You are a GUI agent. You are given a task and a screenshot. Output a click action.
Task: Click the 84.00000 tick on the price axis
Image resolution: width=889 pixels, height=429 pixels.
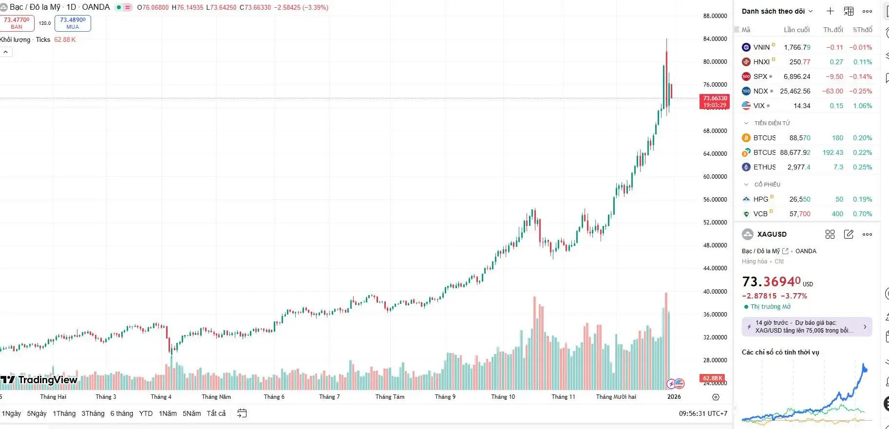coord(715,39)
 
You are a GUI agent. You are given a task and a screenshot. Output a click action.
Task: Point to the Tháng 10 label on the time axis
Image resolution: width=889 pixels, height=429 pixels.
coord(503,397)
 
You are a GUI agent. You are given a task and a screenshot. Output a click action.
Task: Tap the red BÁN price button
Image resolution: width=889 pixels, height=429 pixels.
coord(17,23)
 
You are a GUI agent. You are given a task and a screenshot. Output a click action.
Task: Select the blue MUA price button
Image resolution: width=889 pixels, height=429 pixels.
coord(73,23)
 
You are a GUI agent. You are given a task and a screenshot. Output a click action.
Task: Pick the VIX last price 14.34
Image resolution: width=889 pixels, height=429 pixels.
coord(801,106)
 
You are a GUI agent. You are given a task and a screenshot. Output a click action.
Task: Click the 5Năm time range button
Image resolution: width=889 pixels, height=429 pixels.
coord(191,413)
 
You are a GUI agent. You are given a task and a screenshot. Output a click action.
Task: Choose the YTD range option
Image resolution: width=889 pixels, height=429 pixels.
coord(146,413)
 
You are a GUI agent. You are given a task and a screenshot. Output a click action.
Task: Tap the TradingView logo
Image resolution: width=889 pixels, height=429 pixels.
coord(39,380)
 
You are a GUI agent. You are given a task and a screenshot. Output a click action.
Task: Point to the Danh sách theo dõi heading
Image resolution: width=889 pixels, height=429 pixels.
coord(773,11)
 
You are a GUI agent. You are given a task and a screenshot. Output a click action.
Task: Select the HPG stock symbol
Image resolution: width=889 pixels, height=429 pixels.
coord(760,199)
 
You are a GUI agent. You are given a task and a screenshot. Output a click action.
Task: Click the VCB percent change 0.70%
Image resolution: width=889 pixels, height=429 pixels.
coord(862,214)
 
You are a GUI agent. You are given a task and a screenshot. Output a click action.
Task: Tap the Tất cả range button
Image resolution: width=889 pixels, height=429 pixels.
coord(216,413)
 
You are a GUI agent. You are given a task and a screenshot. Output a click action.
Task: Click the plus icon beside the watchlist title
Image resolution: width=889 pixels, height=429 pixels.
coord(830,11)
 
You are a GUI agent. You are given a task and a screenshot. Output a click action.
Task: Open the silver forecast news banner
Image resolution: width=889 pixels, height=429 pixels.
coord(806,327)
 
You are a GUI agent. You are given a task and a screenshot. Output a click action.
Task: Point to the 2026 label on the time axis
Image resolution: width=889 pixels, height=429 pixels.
coord(674,397)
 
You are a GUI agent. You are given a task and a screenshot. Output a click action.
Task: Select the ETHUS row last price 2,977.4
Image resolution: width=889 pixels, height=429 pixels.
coord(799,167)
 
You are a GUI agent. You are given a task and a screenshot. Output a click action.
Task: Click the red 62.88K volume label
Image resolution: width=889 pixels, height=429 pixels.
coord(712,378)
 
